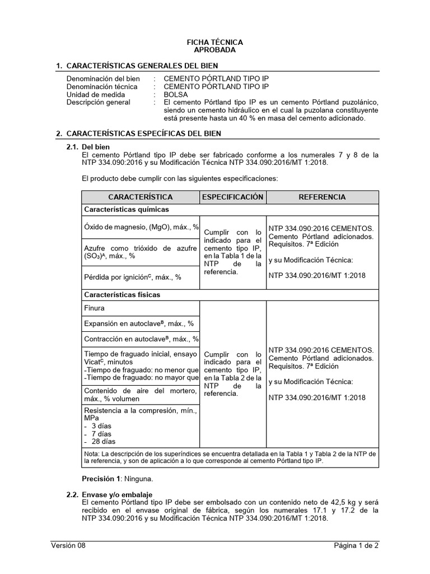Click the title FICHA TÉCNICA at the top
coord(214,42)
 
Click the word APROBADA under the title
coord(214,50)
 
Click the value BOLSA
coord(176,95)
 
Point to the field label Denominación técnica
coord(102,87)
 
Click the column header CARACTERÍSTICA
coord(141,197)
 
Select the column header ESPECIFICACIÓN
coord(232,197)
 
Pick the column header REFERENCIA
coord(322,197)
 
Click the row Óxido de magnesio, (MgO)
coord(141,227)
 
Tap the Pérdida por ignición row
coord(133,276)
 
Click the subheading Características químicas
coord(126,210)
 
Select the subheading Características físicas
coord(122,294)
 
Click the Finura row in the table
coord(94,308)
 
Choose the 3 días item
coord(101,426)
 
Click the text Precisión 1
coord(102,479)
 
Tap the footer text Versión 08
coord(68,545)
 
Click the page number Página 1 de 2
coord(357,545)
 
